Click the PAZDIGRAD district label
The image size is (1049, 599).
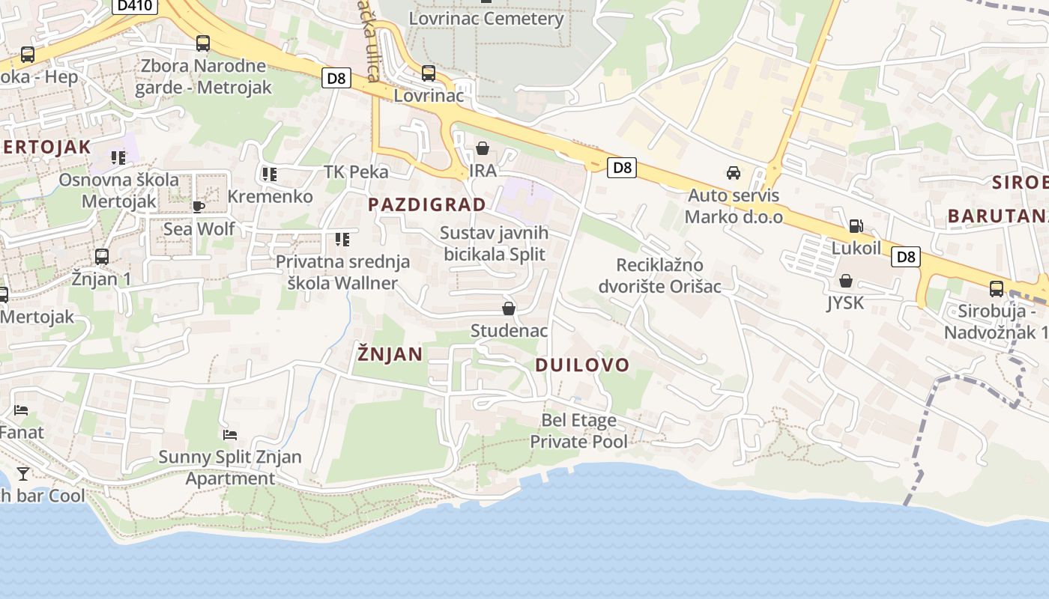[427, 204]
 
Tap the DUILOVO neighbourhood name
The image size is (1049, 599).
[582, 365]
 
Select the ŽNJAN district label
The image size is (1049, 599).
[390, 353]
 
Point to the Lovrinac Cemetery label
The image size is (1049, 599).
[487, 19]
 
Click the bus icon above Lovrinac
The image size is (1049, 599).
[429, 73]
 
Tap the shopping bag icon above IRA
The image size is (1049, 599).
[483, 149]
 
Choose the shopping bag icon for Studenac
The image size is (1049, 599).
[509, 308]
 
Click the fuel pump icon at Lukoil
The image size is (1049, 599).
[856, 226]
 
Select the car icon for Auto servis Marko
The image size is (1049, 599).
[734, 174]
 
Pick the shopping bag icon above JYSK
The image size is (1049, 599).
[846, 282]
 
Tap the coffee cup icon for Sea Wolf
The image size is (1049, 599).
[199, 207]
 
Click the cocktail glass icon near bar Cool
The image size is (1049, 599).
[23, 473]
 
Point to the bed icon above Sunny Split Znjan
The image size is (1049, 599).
[230, 435]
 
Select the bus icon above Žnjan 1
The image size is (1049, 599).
[102, 257]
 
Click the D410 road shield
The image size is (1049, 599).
[135, 6]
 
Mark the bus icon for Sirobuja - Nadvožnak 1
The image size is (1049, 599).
[997, 289]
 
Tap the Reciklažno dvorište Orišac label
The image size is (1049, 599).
[659, 276]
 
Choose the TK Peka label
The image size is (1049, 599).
[356, 172]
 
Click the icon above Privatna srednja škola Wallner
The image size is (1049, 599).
[342, 240]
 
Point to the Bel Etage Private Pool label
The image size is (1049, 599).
[578, 431]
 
